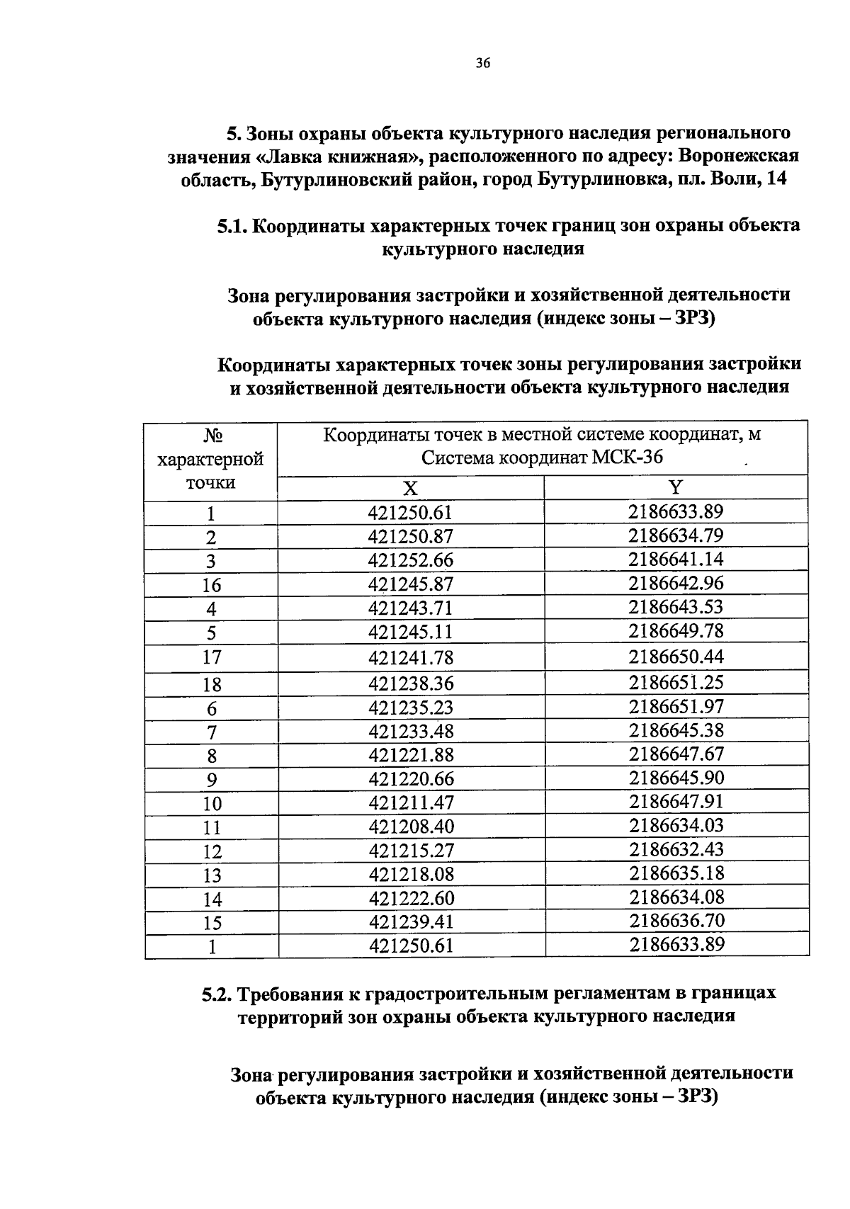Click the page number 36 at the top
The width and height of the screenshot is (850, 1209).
482,64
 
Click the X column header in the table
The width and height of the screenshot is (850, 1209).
410,489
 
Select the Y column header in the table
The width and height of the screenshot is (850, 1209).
676,487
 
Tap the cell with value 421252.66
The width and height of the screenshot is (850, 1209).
410,561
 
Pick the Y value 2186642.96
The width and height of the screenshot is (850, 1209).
676,584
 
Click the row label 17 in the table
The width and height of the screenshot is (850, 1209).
211,657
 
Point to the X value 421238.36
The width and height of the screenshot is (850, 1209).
410,684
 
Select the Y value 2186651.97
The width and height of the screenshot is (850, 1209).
676,707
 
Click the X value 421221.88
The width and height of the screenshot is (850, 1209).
410,755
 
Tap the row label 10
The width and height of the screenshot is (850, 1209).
211,804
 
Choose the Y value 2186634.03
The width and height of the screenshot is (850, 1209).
676,826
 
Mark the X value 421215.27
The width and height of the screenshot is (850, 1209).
410,851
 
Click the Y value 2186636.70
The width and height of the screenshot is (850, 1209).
676,921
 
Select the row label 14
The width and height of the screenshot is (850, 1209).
211,899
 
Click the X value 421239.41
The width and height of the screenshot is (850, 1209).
410,922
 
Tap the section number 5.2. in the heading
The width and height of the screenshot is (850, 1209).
217,994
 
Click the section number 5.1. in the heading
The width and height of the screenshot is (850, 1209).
232,227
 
